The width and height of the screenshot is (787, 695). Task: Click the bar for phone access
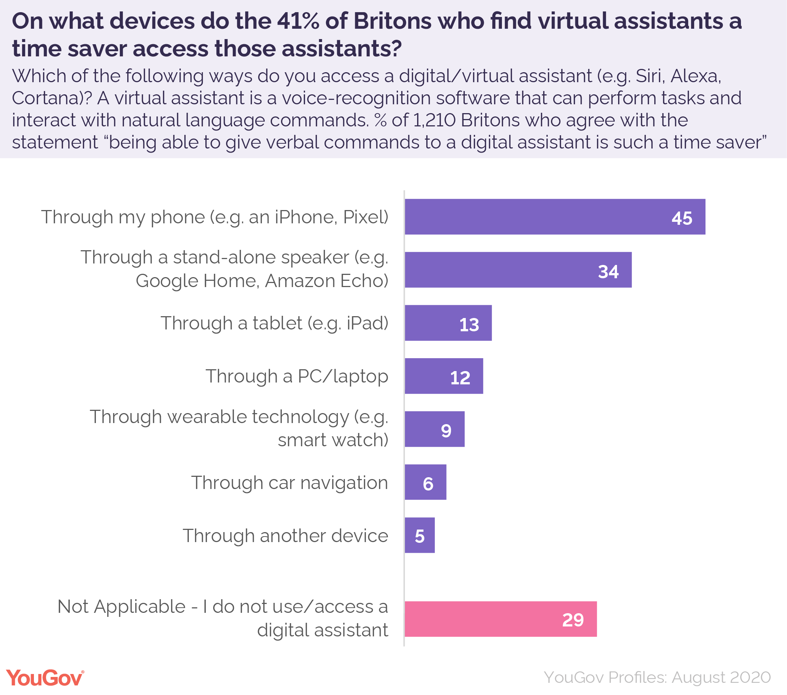554,217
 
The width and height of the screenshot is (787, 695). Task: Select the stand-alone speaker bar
518,270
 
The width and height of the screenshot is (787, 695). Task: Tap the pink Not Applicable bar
500,619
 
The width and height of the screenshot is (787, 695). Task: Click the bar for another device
419,535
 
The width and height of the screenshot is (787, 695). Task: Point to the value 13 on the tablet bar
469,324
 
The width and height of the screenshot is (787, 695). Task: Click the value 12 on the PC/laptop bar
460,377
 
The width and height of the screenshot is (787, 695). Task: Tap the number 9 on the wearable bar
446,431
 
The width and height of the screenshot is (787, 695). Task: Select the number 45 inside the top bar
682,218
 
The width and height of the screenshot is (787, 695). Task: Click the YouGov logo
45,678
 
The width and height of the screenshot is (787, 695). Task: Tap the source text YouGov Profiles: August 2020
657,677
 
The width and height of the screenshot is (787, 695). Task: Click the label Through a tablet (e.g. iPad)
274,323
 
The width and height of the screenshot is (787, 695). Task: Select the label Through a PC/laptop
297,376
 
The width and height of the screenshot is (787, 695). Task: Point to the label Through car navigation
289,483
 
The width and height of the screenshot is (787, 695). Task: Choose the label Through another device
285,536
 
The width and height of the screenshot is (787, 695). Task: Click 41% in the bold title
298,21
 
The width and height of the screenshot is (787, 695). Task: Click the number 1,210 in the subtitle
434,121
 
